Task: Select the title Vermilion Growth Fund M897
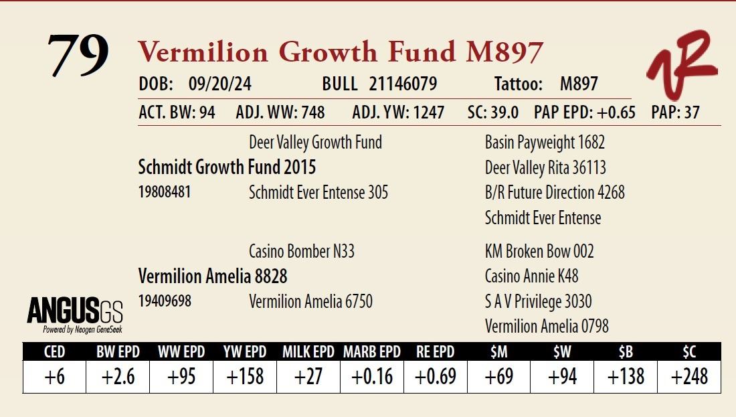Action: pos(340,52)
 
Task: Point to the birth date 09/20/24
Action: pos(220,84)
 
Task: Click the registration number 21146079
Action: pos(403,84)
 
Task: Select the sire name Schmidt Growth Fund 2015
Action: pos(227,167)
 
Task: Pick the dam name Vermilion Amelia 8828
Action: pos(213,276)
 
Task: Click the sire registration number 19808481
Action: pos(165,192)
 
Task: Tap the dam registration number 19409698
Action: pos(165,301)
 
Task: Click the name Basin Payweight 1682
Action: pos(545,142)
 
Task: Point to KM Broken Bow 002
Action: pos(539,252)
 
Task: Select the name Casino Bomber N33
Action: pos(302,252)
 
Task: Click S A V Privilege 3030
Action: pos(539,301)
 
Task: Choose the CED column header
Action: pos(54,351)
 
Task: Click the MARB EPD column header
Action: pos(372,351)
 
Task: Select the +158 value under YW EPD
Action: pos(245,377)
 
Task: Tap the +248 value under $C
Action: pos(689,377)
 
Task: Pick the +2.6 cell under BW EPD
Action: pos(118,377)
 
